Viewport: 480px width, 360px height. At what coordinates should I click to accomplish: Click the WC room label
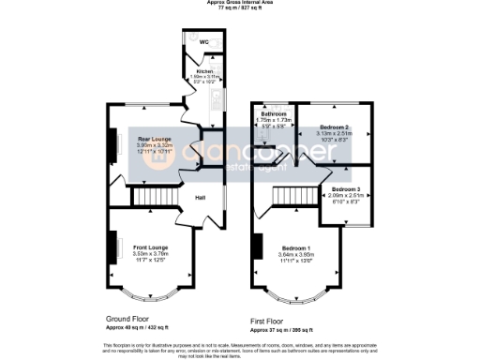(x=202, y=42)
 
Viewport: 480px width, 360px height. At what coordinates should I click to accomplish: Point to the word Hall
(x=201, y=198)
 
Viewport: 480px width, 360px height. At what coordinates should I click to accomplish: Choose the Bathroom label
(x=273, y=113)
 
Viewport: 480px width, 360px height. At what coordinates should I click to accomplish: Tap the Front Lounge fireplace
(x=118, y=248)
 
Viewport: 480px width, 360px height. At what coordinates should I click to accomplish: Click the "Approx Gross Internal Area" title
(x=240, y=3)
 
